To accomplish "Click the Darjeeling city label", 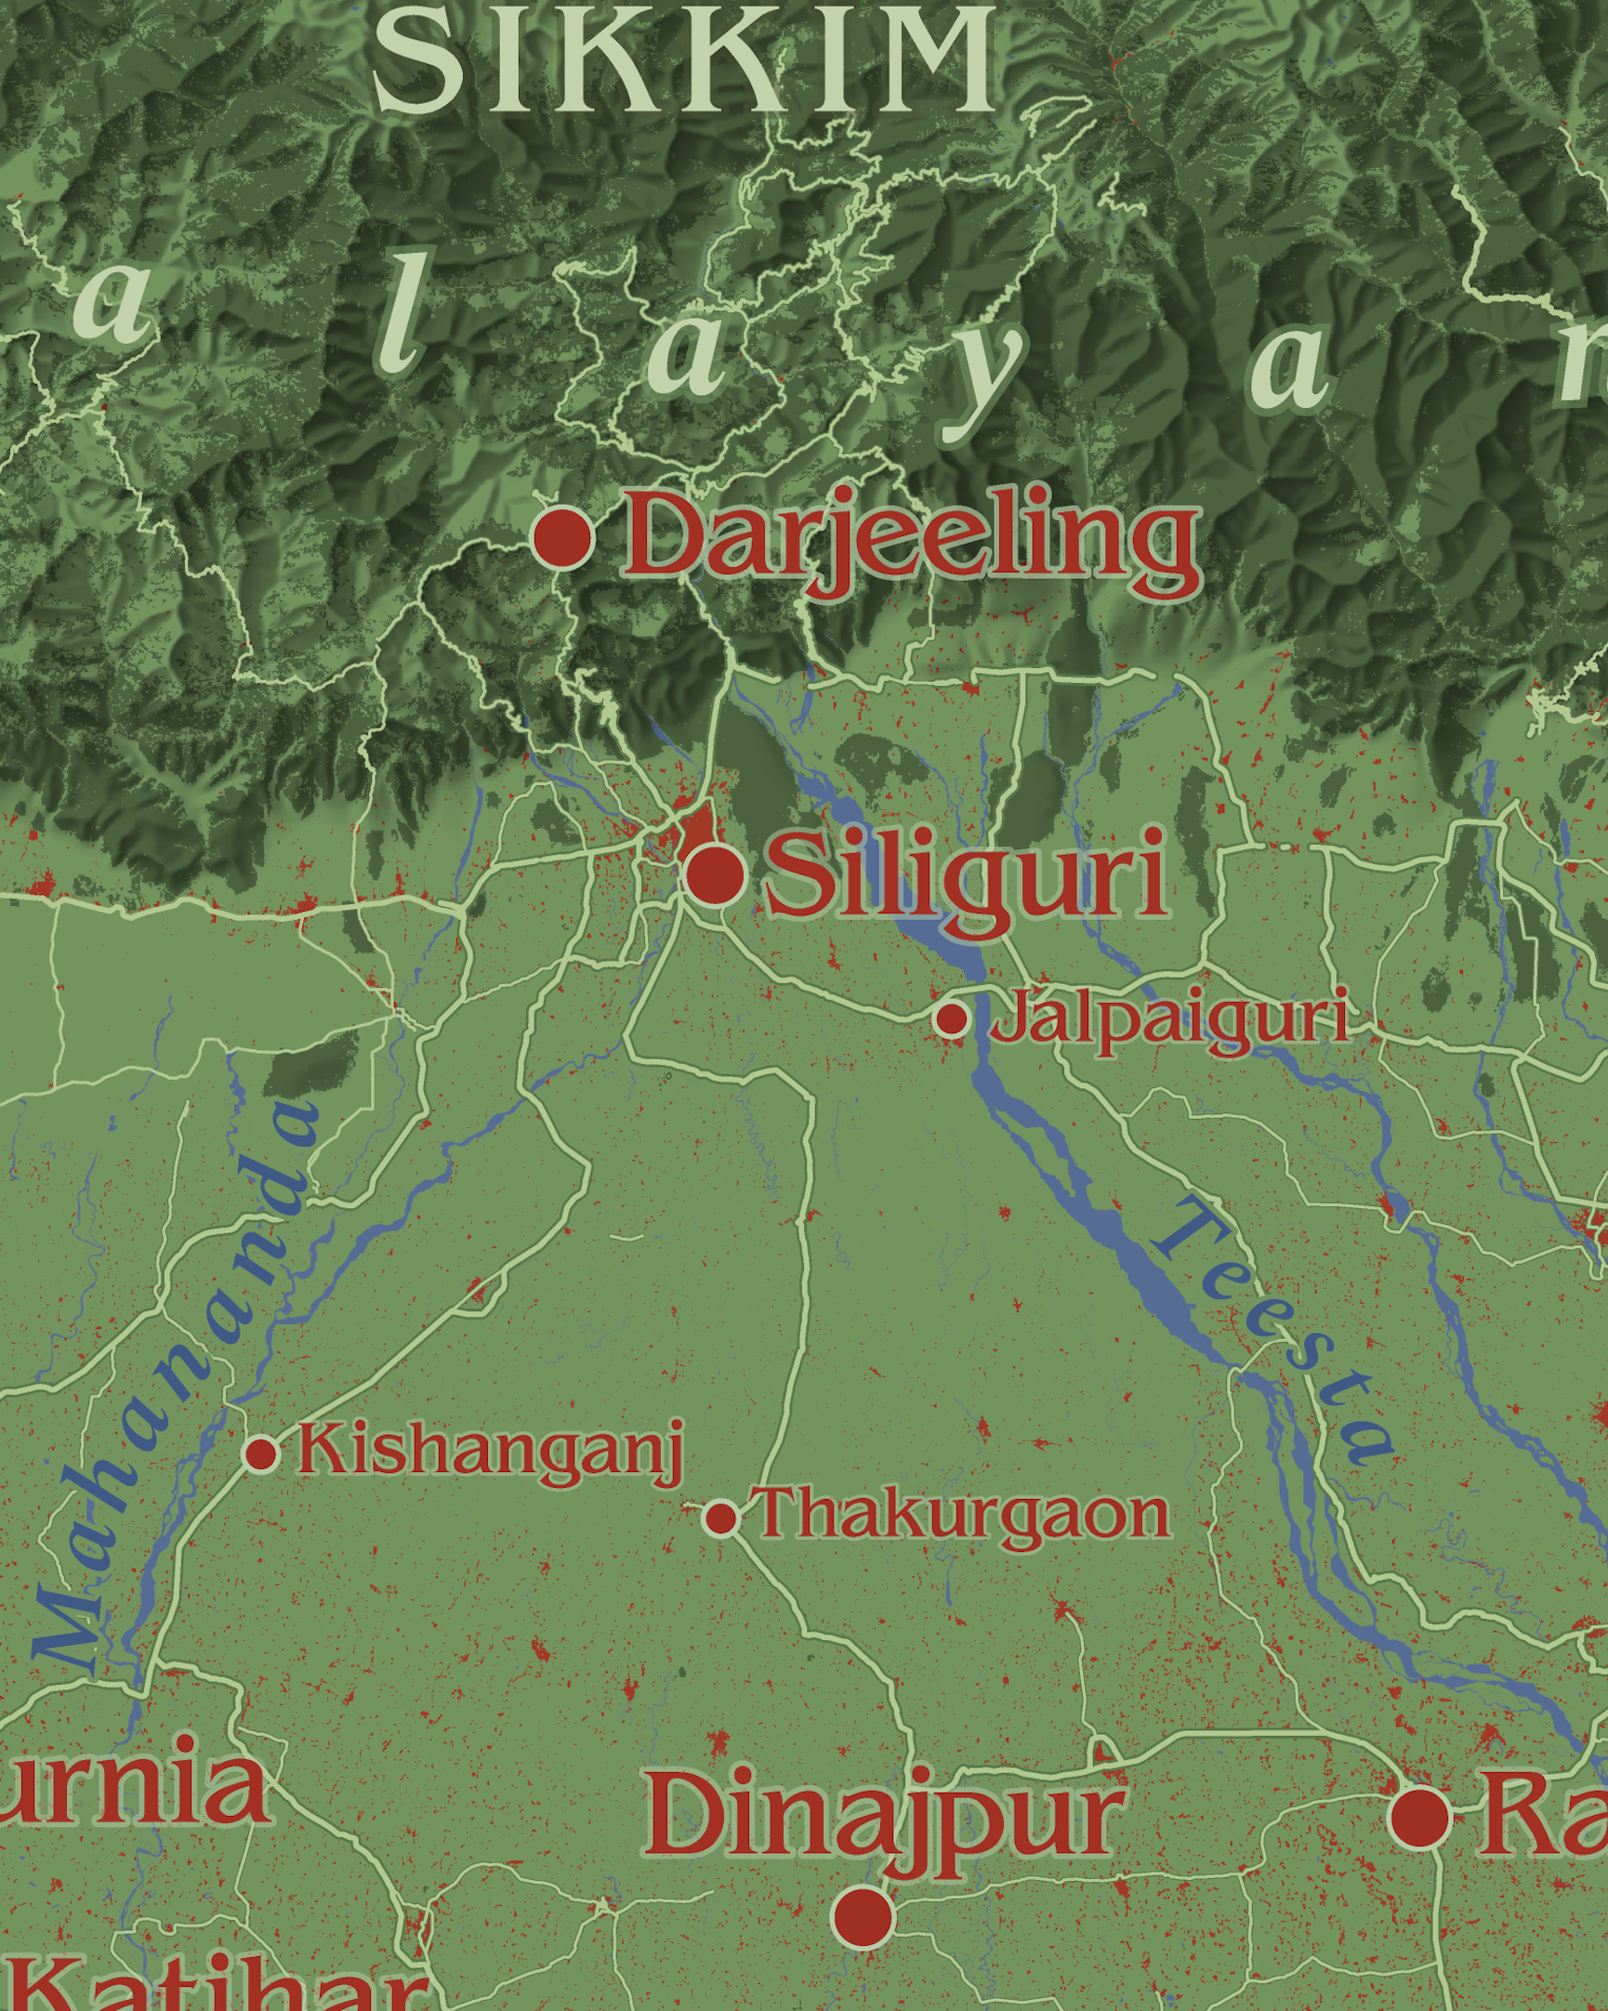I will [909, 539].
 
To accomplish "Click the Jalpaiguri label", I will [1168, 1019].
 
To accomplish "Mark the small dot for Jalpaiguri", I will [951, 1019].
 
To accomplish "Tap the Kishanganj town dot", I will [261, 1453].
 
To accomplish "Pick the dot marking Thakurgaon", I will [721, 1518].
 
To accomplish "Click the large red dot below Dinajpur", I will [863, 1918].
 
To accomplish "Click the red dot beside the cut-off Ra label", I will [1419, 1817].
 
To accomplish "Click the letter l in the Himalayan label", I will [401, 312].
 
